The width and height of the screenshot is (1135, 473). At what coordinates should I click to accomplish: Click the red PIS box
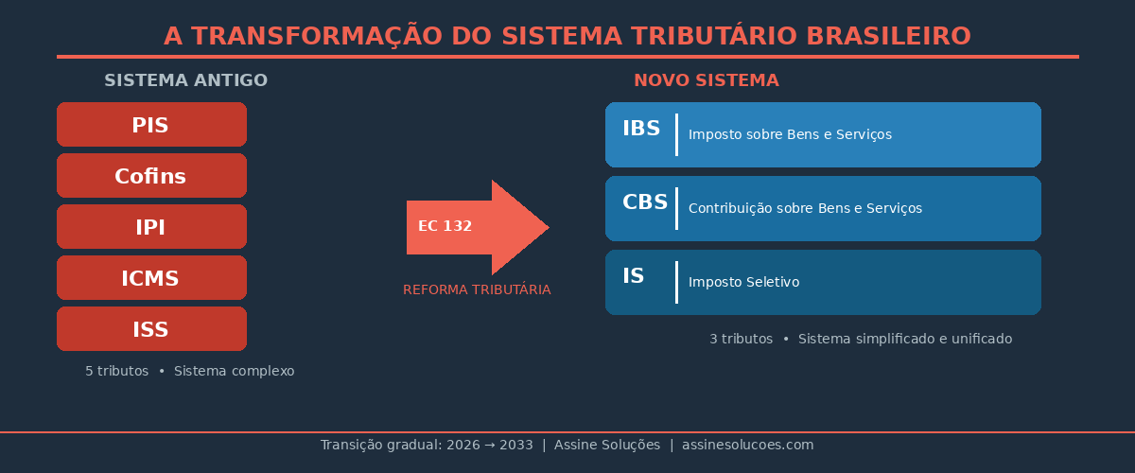tap(151, 125)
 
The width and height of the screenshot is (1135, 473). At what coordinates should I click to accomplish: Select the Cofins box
tap(151, 176)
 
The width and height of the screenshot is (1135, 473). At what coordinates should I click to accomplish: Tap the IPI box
tap(151, 227)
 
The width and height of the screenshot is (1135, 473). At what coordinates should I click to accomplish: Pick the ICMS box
tap(151, 278)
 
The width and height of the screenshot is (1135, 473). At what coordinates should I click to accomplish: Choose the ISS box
tap(151, 329)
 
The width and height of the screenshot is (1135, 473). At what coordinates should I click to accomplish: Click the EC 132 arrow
tap(473, 227)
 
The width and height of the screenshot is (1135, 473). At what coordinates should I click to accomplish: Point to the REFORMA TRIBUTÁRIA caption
tap(477, 289)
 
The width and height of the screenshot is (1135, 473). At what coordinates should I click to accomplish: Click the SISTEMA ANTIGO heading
tap(185, 80)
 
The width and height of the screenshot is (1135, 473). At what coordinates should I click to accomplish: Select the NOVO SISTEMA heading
tap(706, 80)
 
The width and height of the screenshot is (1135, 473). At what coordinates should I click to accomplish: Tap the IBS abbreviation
tap(641, 129)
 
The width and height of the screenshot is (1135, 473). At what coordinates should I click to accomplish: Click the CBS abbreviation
tap(644, 202)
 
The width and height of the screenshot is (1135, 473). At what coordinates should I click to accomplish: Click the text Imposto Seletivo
tap(743, 282)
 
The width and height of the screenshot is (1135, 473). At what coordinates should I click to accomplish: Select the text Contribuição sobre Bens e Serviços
tap(804, 208)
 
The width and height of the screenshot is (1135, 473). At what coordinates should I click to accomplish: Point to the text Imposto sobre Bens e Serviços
tap(789, 134)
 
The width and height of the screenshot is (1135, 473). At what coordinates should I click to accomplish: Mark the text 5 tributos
tap(116, 371)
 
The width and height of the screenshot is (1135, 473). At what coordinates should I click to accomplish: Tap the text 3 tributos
tap(741, 339)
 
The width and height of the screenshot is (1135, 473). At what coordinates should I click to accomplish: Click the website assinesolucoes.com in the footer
tap(747, 445)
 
